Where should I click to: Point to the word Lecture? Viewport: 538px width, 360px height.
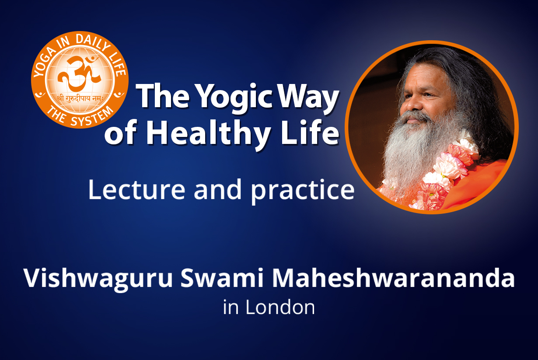click(137, 189)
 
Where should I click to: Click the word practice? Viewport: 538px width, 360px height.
click(303, 192)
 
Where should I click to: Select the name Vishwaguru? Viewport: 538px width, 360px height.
click(98, 280)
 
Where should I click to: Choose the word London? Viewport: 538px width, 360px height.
click(280, 307)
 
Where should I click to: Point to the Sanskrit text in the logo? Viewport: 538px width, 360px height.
click(80, 98)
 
